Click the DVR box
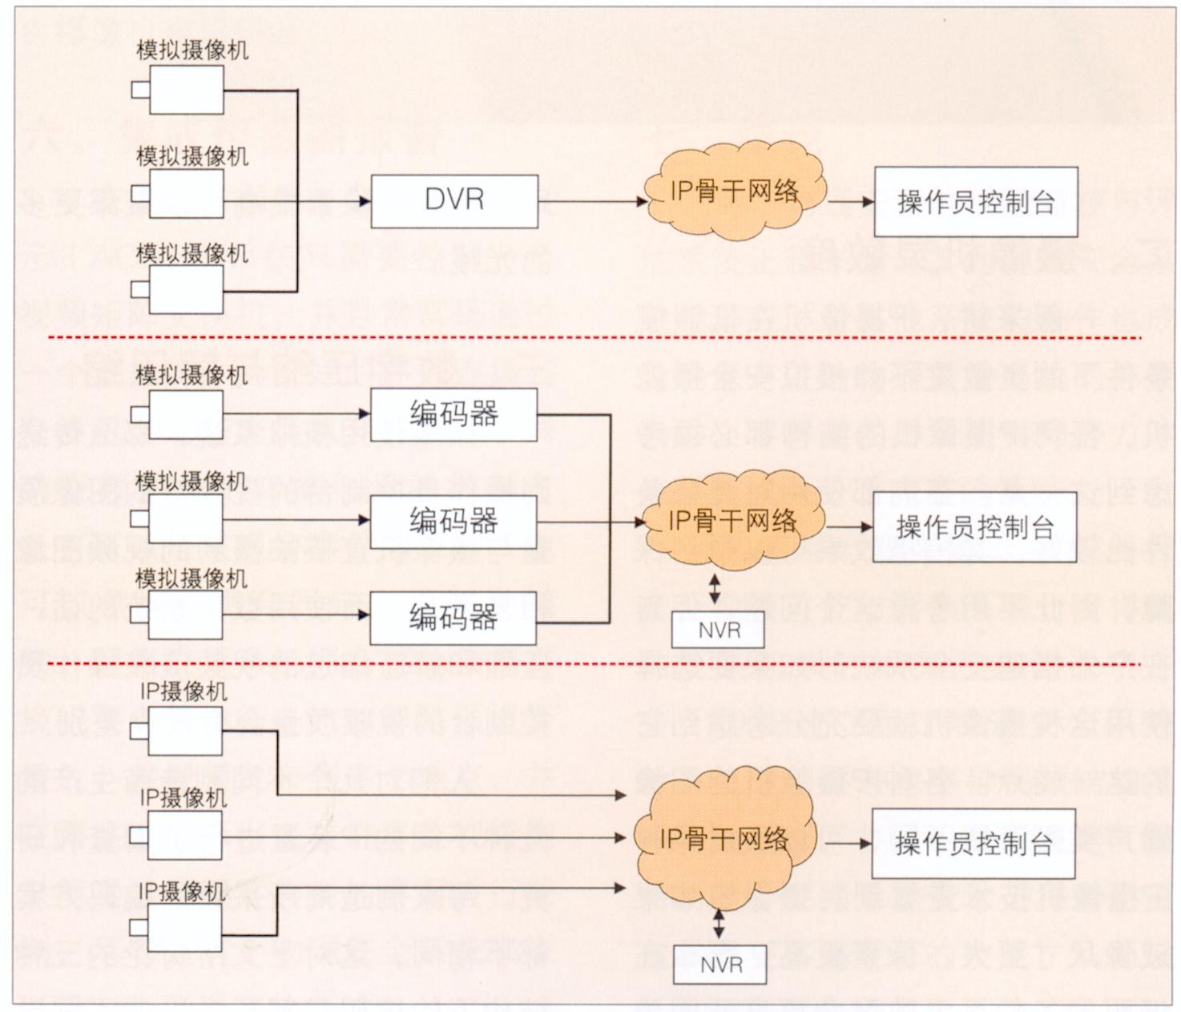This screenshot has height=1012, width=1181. [x=453, y=200]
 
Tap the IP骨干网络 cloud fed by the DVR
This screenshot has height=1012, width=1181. [x=734, y=191]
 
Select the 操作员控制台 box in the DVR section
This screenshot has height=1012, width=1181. [x=975, y=202]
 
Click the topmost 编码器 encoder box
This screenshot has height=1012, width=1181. [x=453, y=414]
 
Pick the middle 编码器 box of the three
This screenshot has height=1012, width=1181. [x=453, y=521]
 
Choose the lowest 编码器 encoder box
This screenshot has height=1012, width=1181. [x=453, y=618]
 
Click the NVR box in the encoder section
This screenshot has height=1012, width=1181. [x=718, y=631]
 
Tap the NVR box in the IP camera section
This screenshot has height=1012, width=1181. [x=719, y=965]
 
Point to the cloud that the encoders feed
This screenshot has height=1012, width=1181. [x=732, y=521]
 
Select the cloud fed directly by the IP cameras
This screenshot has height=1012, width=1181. [x=724, y=839]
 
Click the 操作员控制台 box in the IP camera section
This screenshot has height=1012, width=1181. [x=973, y=844]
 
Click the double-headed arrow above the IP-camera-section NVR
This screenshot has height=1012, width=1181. [x=719, y=923]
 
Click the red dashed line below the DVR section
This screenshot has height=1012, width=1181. [x=593, y=338]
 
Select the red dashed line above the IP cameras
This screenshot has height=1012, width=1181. [x=593, y=663]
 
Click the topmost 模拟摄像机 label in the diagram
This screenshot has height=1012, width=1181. [x=192, y=50]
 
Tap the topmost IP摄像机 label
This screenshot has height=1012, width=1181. [x=183, y=691]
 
